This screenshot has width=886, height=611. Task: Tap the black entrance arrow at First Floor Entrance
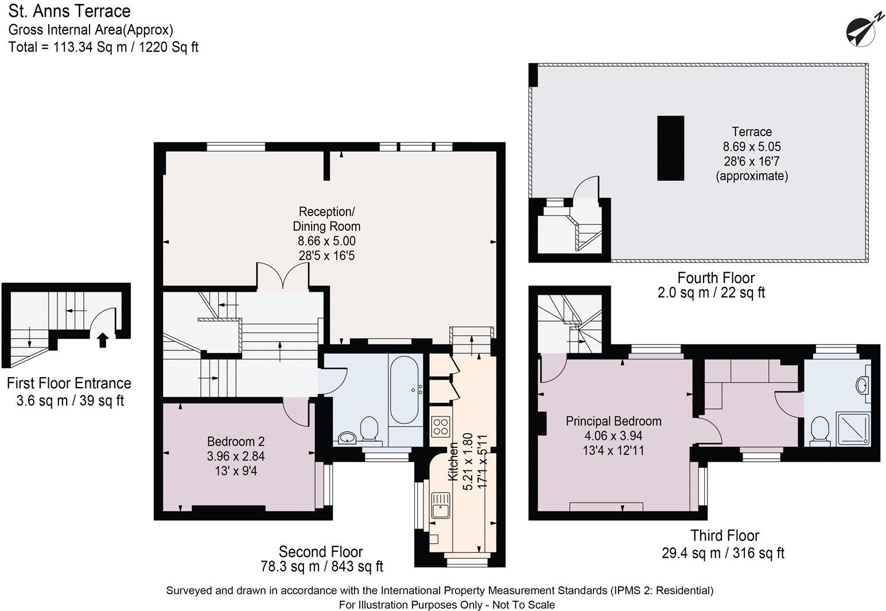point(102,340)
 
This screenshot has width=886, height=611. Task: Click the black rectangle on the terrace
point(670,148)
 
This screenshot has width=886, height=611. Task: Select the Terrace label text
point(752,132)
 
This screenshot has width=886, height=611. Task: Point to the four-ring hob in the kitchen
point(440,426)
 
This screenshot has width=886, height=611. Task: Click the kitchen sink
point(441,505)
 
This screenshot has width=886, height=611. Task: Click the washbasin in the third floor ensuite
point(861,384)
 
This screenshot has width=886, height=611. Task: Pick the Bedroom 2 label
point(236,442)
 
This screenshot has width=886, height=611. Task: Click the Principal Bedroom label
point(613,421)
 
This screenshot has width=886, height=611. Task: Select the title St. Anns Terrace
point(69,11)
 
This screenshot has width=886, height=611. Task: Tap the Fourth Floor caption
point(716,278)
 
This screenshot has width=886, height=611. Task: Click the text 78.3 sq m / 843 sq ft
point(321,567)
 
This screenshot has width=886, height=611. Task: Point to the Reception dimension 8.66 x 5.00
point(327,241)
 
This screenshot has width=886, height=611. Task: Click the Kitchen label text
point(453,462)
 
